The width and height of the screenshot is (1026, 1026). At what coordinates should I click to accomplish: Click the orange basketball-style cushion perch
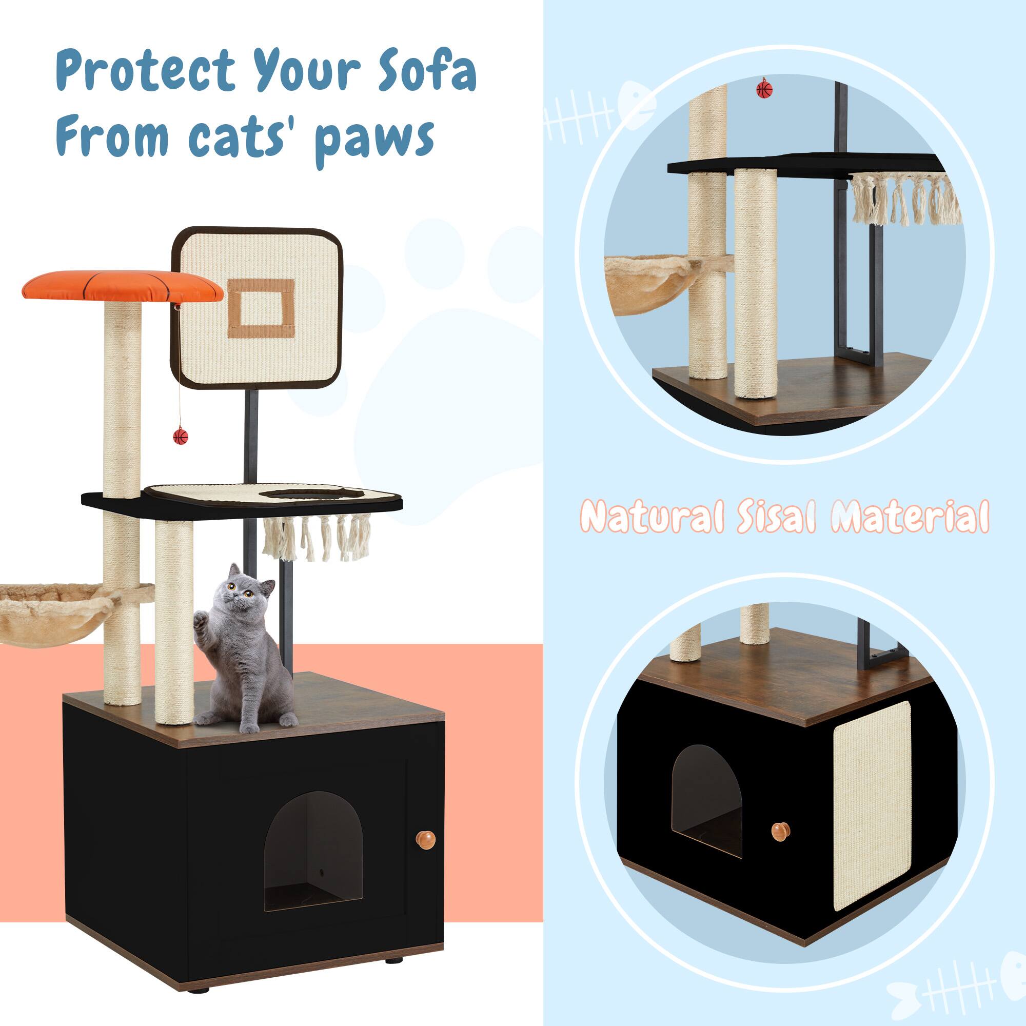(x=122, y=286)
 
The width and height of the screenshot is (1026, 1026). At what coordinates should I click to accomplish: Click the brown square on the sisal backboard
(x=261, y=308)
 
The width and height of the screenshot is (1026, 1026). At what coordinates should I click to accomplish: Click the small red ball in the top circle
(x=764, y=89)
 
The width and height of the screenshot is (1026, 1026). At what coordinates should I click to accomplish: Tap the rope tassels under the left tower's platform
(x=317, y=540)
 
